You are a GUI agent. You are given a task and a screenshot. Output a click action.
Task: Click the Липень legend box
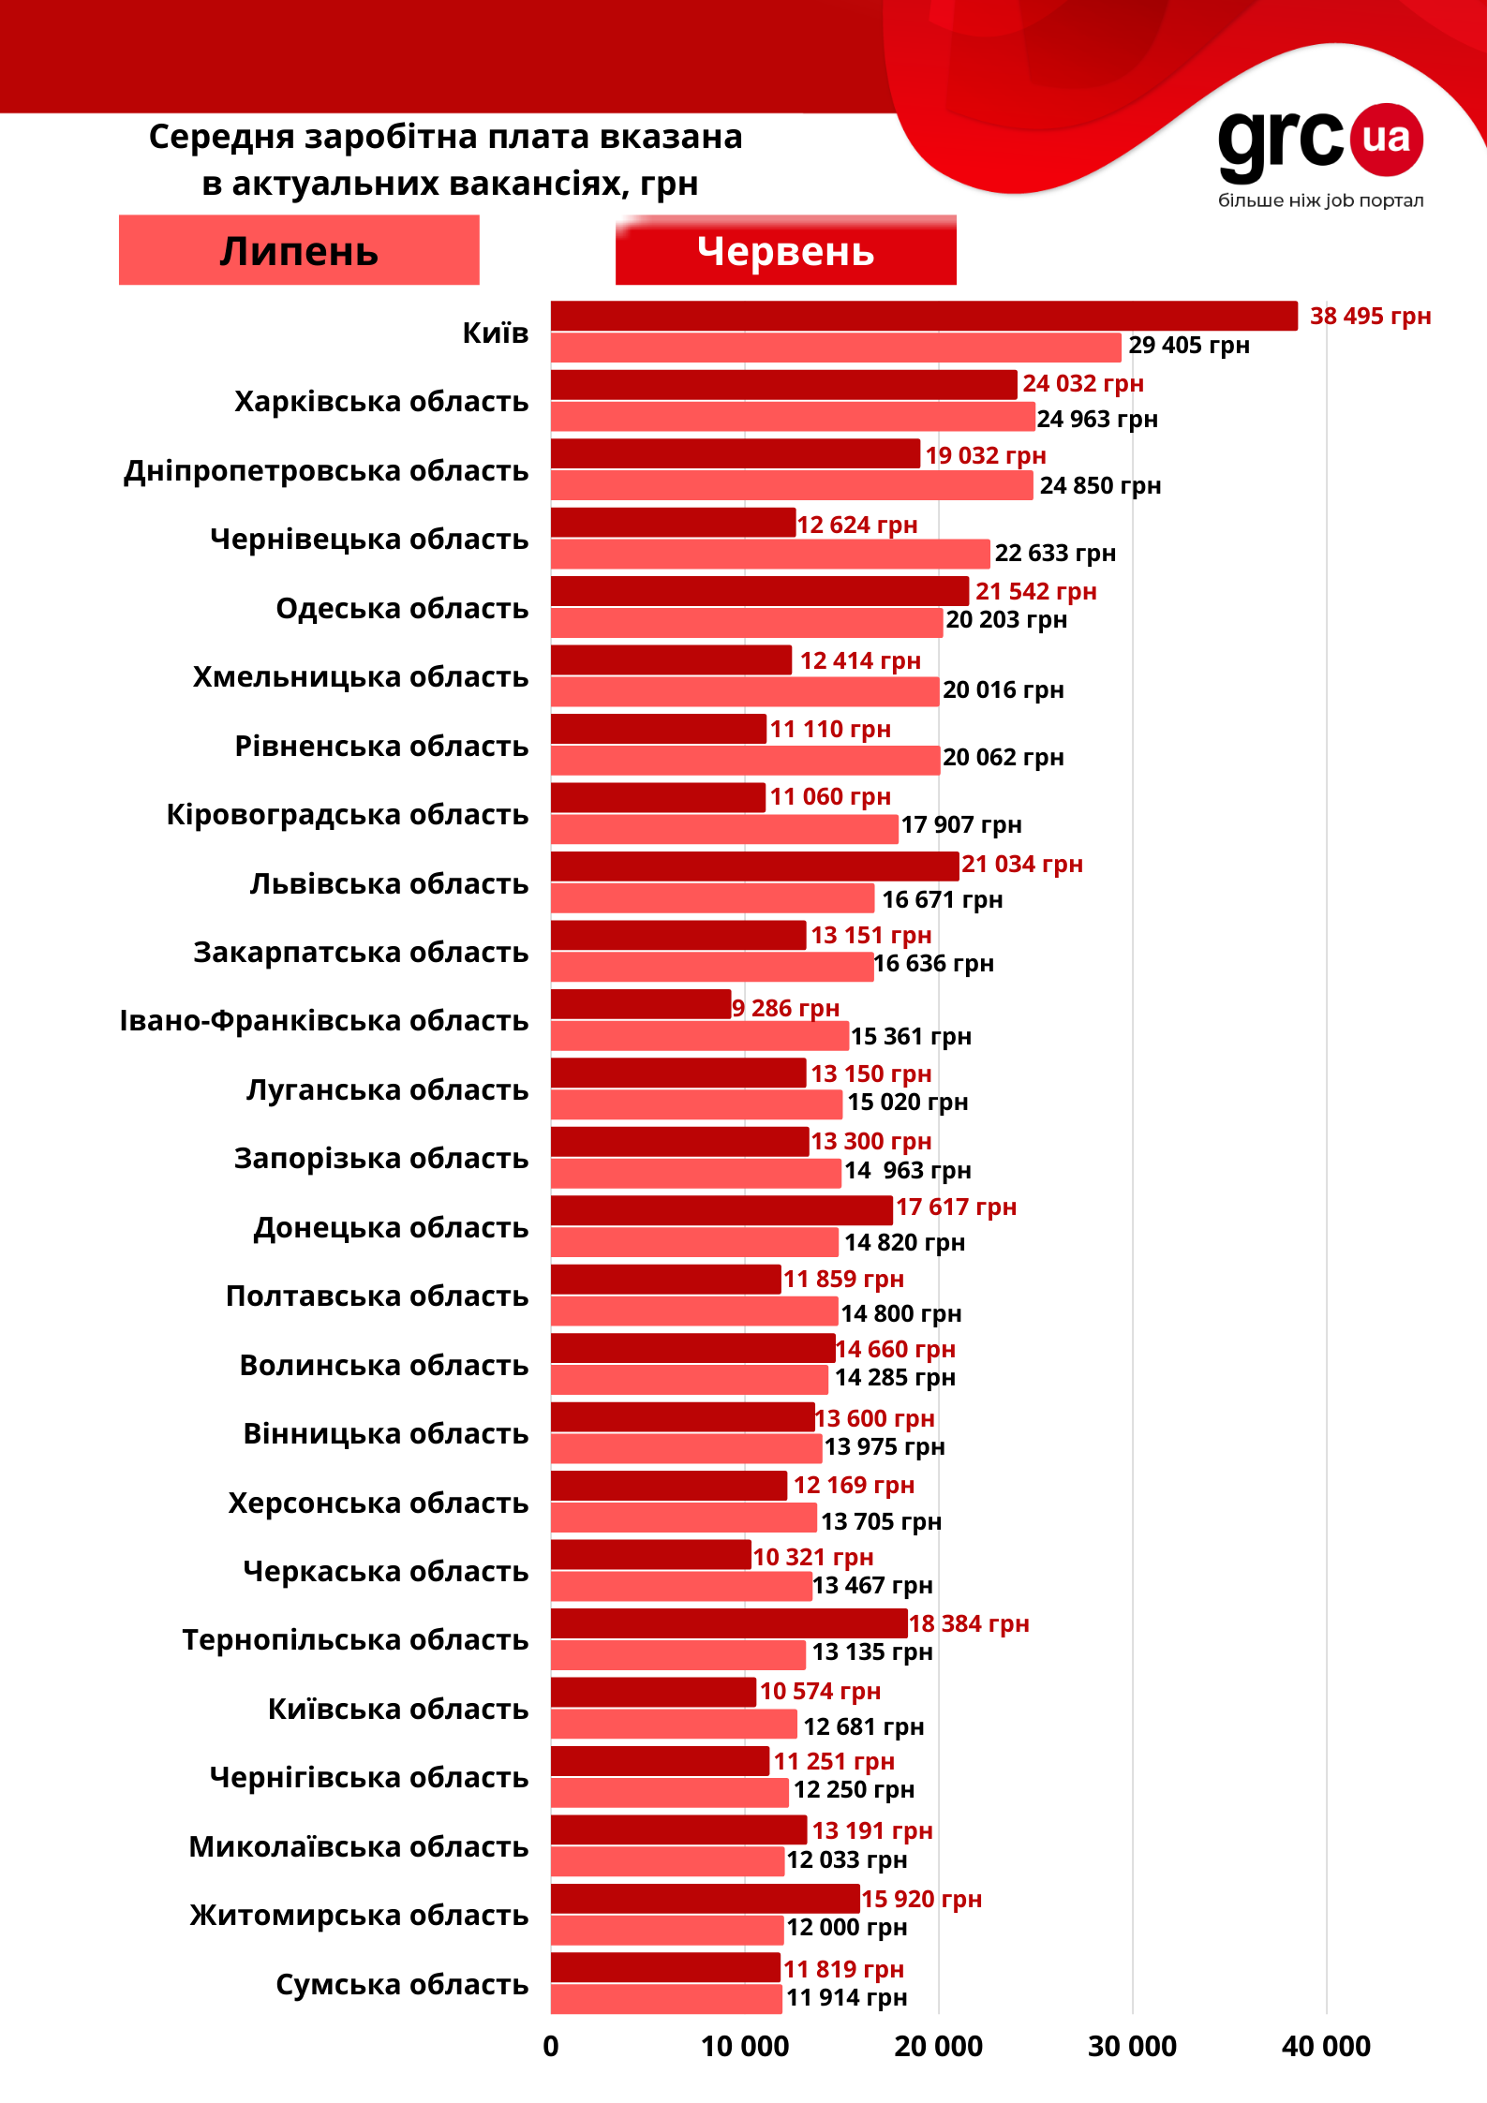[x=299, y=250]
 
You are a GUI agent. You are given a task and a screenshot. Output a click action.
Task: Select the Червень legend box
[x=785, y=250]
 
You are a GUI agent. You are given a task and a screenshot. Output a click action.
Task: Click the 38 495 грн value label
[x=1370, y=316]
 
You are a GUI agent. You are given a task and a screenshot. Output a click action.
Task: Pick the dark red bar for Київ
[x=923, y=316]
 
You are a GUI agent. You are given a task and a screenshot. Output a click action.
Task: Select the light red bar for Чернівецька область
[x=769, y=554]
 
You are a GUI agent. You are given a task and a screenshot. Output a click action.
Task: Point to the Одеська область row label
[x=402, y=608]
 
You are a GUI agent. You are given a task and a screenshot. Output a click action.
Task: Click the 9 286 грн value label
[x=785, y=1008]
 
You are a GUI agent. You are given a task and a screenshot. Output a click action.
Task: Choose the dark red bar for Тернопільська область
[x=728, y=1623]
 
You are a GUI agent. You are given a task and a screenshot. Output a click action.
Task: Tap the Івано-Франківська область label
[x=323, y=1020]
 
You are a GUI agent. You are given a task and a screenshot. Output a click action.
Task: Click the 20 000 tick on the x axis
[x=938, y=2047]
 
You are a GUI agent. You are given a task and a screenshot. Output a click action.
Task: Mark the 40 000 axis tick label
[x=1326, y=2047]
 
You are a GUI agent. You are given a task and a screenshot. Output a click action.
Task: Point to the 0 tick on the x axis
[x=551, y=2047]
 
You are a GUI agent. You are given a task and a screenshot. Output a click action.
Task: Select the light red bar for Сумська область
[x=665, y=1999]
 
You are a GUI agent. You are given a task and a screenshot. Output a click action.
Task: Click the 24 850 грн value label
[x=1100, y=485]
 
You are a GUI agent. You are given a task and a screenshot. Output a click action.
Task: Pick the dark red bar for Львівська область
[x=754, y=866]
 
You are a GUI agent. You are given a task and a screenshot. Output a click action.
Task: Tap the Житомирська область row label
[x=359, y=1916]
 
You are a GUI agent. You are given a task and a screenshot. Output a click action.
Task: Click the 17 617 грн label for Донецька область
[x=956, y=1207]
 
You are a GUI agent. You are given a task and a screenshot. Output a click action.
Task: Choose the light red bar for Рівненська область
[x=745, y=760]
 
